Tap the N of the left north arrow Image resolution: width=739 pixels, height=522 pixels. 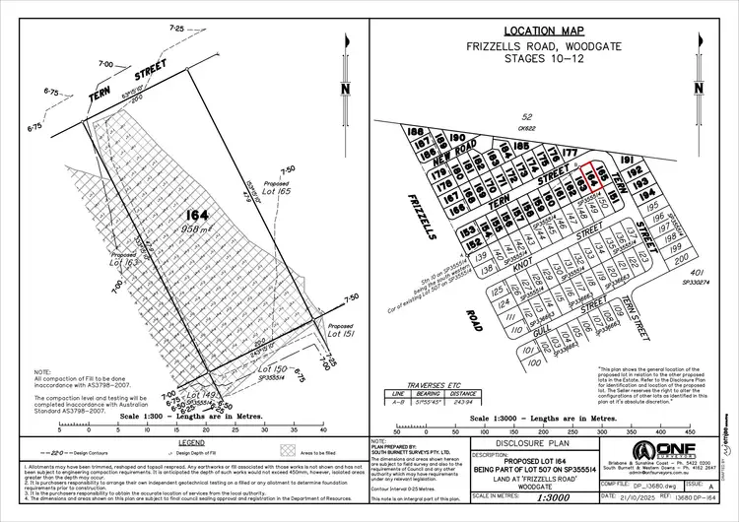click(344, 89)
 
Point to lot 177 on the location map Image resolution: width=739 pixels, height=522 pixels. click(569, 153)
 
